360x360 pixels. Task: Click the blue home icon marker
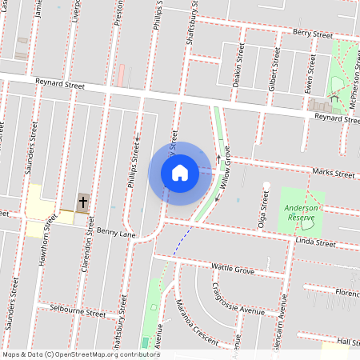click(180, 173)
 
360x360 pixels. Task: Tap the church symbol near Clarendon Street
click(82, 200)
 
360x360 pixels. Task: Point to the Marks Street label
click(334, 174)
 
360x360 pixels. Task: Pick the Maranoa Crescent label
click(196, 322)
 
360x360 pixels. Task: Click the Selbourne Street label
click(78, 310)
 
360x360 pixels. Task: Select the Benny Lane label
click(116, 231)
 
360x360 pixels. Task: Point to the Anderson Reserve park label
click(302, 213)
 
